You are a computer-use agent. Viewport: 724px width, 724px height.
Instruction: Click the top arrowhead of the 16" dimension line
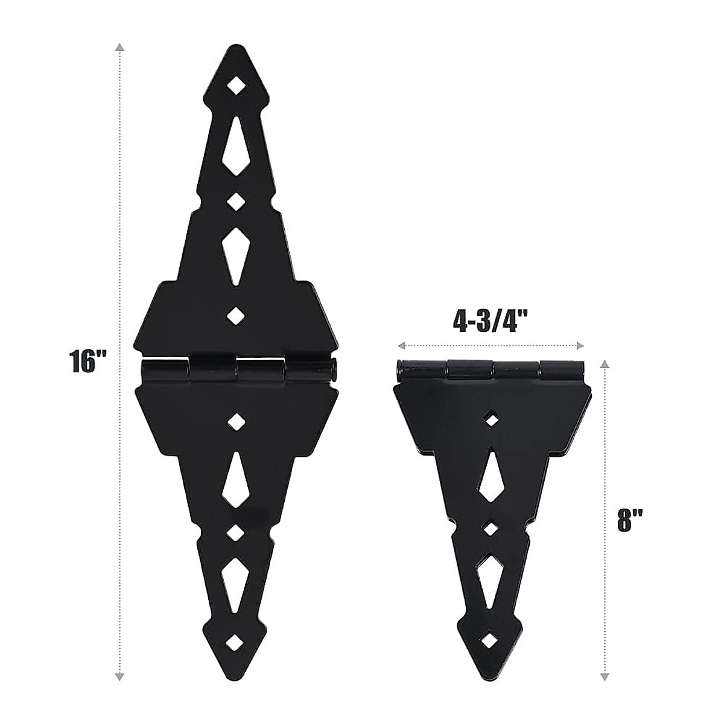coord(121,48)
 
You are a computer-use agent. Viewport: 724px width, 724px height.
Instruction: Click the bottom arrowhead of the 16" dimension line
coord(121,676)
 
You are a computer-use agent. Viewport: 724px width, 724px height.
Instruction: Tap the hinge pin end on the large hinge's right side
coord(333,369)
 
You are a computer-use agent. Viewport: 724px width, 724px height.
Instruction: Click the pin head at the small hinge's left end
coord(400,369)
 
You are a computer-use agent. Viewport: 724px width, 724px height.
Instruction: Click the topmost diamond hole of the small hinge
coord(494,418)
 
